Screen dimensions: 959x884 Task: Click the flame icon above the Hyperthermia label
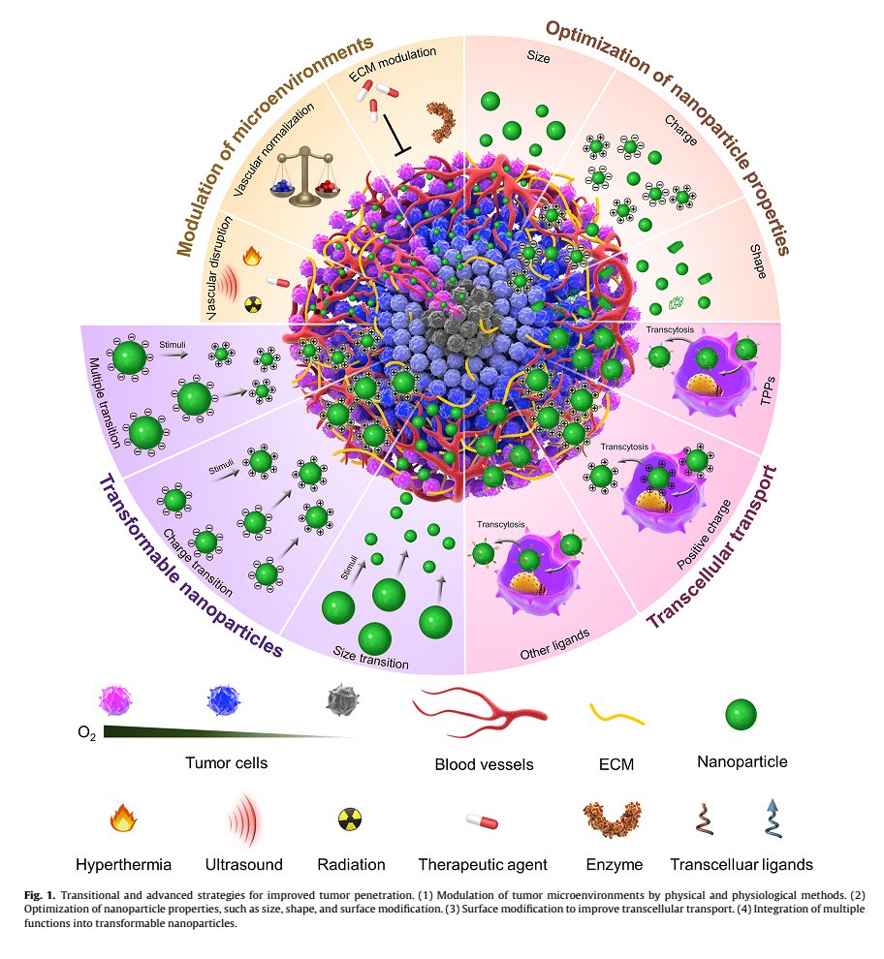click(x=121, y=820)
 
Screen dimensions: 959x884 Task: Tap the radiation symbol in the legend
click(x=349, y=820)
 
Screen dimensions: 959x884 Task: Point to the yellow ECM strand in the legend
click(x=617, y=716)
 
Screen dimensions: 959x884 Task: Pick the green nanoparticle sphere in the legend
click(x=742, y=715)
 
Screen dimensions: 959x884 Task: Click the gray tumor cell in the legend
click(x=338, y=698)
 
